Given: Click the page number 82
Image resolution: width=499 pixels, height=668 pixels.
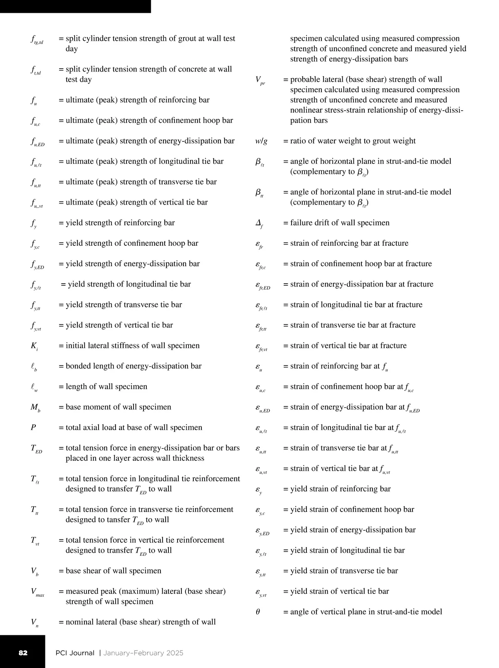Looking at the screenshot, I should [x=23, y=653].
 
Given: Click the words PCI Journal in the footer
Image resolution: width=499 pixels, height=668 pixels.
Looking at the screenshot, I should [x=75, y=653].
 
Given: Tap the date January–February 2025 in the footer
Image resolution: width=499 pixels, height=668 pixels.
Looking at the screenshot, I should [x=143, y=653].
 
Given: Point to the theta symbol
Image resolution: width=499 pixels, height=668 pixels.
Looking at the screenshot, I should [x=258, y=612].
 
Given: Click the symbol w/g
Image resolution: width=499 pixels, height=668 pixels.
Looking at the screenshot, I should [x=261, y=141].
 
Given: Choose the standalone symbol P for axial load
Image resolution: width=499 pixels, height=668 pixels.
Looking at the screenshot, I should [x=33, y=428].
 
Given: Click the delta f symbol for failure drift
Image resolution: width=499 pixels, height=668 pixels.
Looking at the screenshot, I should [x=259, y=223].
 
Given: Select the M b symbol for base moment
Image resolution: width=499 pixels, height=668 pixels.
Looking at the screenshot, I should [x=35, y=408].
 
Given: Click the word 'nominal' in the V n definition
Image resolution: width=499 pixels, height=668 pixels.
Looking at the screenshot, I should [x=81, y=622].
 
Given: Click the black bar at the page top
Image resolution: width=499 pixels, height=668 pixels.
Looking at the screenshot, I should [x=75, y=6].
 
